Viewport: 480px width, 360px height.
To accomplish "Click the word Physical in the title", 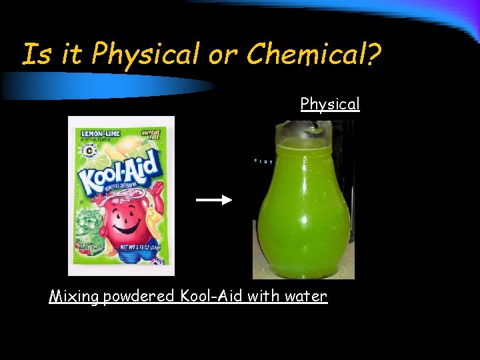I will click(145, 54).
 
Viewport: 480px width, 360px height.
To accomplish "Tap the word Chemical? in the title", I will click(314, 54).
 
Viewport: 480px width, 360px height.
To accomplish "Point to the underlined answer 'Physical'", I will click(329, 104).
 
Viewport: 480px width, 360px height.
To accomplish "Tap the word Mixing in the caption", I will click(73, 296).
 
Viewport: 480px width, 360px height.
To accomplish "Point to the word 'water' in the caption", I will click(307, 296).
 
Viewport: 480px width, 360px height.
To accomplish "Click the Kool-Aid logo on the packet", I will click(119, 172).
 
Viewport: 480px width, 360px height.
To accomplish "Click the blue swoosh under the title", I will click(107, 85).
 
